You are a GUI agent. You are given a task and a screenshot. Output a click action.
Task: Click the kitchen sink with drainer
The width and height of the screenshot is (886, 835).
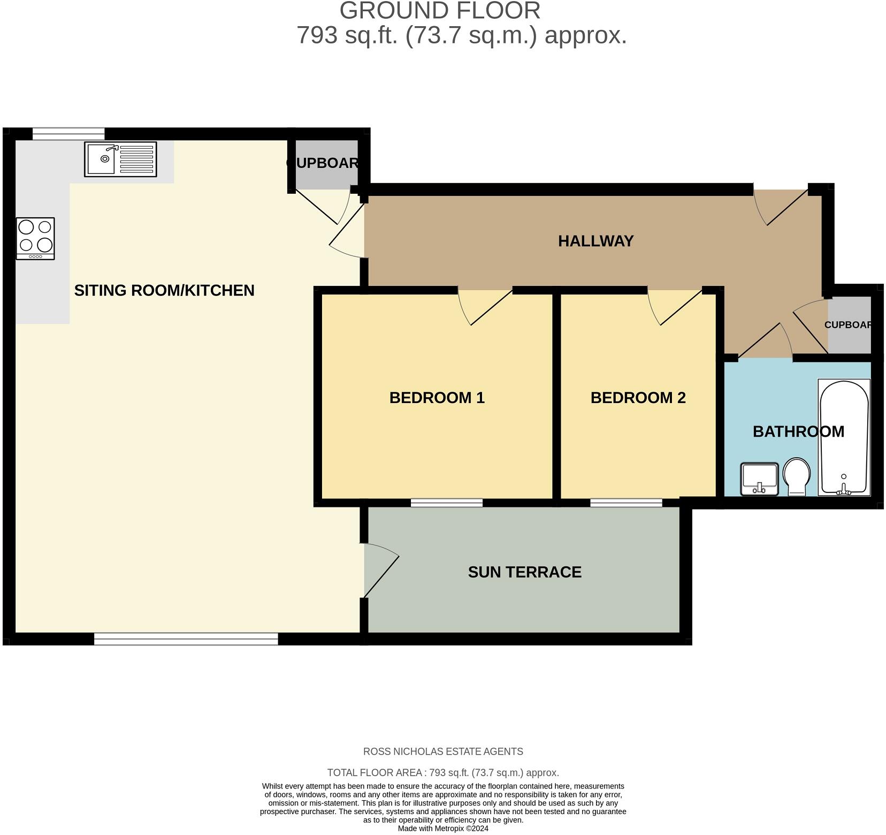(x=120, y=159)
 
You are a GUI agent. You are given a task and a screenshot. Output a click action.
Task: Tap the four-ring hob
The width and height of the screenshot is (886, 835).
(x=35, y=238)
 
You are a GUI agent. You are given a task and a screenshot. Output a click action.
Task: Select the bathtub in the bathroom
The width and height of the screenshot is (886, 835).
(x=844, y=437)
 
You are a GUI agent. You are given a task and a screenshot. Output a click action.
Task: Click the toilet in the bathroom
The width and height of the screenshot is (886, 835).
(x=797, y=476)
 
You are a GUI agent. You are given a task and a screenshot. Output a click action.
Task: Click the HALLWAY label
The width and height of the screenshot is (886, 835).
(x=595, y=241)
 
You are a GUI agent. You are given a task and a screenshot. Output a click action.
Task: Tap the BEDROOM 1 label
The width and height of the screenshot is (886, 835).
(x=437, y=398)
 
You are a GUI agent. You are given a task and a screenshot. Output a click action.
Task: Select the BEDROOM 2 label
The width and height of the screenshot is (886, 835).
(x=638, y=398)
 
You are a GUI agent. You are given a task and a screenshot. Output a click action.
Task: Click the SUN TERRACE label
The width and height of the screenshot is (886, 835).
(x=524, y=572)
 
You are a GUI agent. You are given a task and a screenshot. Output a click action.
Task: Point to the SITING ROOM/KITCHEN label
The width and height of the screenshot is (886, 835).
(x=164, y=290)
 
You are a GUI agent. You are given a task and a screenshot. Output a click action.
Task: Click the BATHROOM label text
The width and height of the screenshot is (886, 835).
(x=798, y=431)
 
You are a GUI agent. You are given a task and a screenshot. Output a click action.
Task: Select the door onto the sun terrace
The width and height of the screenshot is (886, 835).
(x=381, y=571)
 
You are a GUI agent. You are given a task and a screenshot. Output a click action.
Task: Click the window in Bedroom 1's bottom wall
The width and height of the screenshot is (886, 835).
(x=446, y=502)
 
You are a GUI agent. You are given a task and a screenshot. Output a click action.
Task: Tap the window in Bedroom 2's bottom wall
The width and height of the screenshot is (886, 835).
(x=626, y=502)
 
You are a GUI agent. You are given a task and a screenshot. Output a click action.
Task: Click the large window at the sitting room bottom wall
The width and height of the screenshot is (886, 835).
(x=186, y=638)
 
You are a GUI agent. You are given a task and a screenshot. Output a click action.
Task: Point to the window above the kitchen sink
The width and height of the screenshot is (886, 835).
(x=68, y=133)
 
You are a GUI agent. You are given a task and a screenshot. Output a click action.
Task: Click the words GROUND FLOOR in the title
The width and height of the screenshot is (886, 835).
(x=440, y=11)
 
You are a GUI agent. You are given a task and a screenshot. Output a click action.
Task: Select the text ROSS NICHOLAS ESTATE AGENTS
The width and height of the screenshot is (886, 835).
(x=443, y=751)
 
